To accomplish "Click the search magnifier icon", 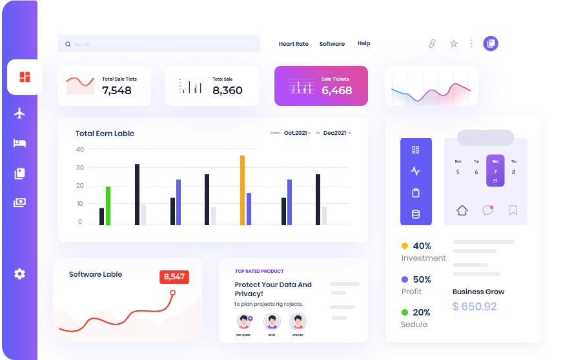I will tap(68, 45).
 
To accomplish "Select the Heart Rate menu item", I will tap(293, 44).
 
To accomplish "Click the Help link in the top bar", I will tap(363, 44).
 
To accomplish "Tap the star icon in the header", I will tap(454, 44).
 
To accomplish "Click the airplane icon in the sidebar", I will tap(19, 114).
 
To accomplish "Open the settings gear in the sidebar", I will tap(19, 274).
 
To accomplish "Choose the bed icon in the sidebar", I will tap(19, 143).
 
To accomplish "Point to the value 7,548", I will tap(117, 90).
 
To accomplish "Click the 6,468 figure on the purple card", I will tap(337, 90).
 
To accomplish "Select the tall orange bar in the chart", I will tap(242, 190).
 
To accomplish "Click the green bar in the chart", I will tap(108, 206).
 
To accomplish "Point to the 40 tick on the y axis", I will tap(80, 150).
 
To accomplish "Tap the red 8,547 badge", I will tap(174, 277).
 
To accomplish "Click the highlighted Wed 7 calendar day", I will tap(495, 170).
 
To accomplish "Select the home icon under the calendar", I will tap(462, 210).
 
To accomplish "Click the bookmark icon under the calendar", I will tap(513, 210).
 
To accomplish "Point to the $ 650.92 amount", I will tap(475, 306).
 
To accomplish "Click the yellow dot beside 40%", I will tap(405, 246).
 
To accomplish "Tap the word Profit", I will tap(412, 292).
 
